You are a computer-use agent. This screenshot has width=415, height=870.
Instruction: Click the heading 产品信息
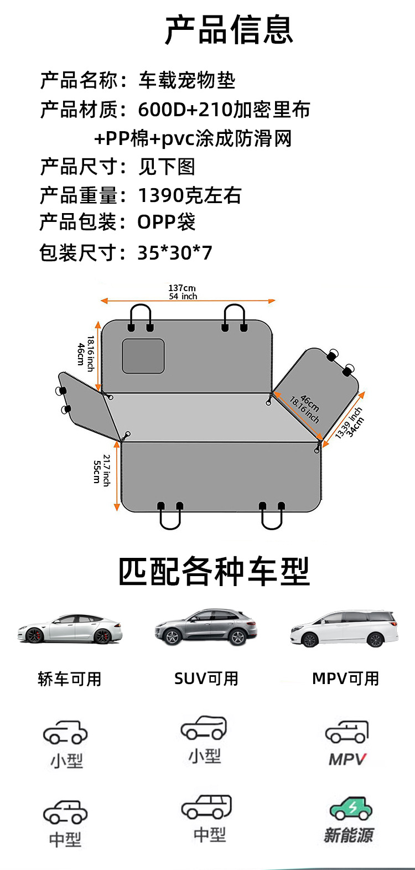coord(229,30)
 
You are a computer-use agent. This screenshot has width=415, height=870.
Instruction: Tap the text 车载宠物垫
coord(187,81)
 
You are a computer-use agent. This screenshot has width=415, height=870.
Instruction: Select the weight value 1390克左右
coord(189,195)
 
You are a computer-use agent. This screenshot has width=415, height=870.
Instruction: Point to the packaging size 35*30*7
coord(175,253)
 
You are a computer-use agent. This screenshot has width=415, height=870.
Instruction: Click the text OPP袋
coord(166,222)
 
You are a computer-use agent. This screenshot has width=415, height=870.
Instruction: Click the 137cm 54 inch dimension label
coord(183,292)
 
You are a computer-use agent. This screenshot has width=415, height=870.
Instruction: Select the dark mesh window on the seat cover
coord(143,356)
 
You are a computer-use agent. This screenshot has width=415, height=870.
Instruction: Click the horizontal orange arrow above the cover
coord(188,301)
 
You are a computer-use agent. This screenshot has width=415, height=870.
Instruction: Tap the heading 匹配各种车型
coord(214,572)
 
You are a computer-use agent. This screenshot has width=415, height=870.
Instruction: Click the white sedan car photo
coord(70,629)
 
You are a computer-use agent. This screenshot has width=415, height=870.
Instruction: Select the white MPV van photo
coord(344,629)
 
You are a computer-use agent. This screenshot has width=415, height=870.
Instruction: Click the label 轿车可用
coord(70,679)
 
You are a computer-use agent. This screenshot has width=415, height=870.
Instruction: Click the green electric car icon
coord(351,809)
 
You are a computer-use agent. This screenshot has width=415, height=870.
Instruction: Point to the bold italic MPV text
coord(347,759)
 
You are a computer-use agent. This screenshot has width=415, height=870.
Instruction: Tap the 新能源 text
coord(349,835)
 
